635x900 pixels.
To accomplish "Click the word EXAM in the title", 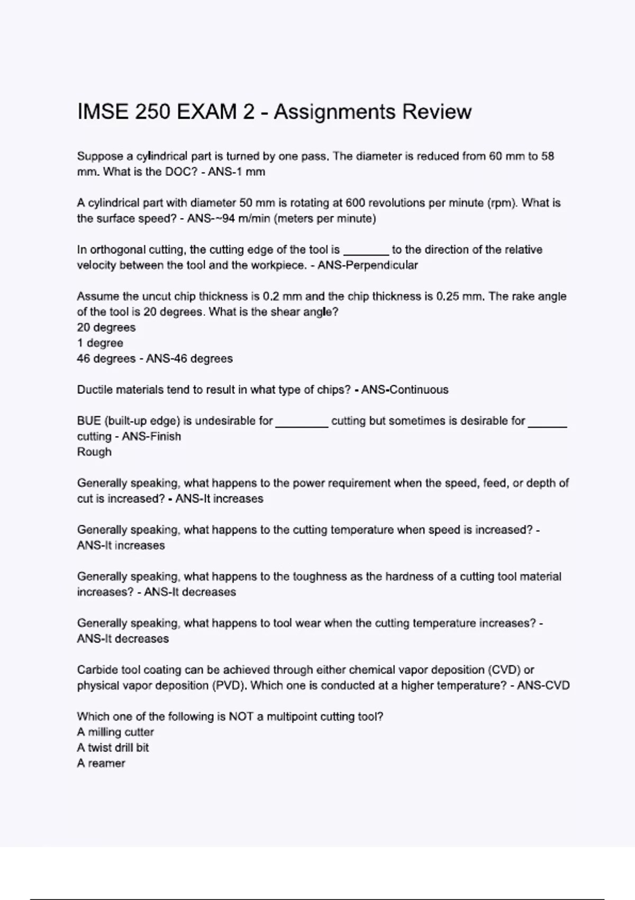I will coord(207,112).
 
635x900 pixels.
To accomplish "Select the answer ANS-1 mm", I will coord(237,172).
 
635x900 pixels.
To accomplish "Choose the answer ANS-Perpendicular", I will coord(368,265).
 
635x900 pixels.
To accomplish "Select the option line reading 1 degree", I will coord(100,343).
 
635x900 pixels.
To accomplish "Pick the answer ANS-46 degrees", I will coord(189,359).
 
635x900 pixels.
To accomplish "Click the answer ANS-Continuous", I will coord(405,390).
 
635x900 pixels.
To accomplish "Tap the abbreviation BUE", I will coord(89,421).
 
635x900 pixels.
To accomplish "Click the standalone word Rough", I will coord(94,452).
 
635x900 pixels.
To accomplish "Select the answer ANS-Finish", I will coord(151,437).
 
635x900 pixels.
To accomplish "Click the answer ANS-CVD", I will coord(543,686).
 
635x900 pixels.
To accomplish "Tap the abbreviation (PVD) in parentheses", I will coord(229,686).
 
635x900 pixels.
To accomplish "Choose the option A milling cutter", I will coord(115,732).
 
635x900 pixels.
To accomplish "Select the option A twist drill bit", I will coord(113,748).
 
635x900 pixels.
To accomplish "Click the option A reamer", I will coord(101,763).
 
